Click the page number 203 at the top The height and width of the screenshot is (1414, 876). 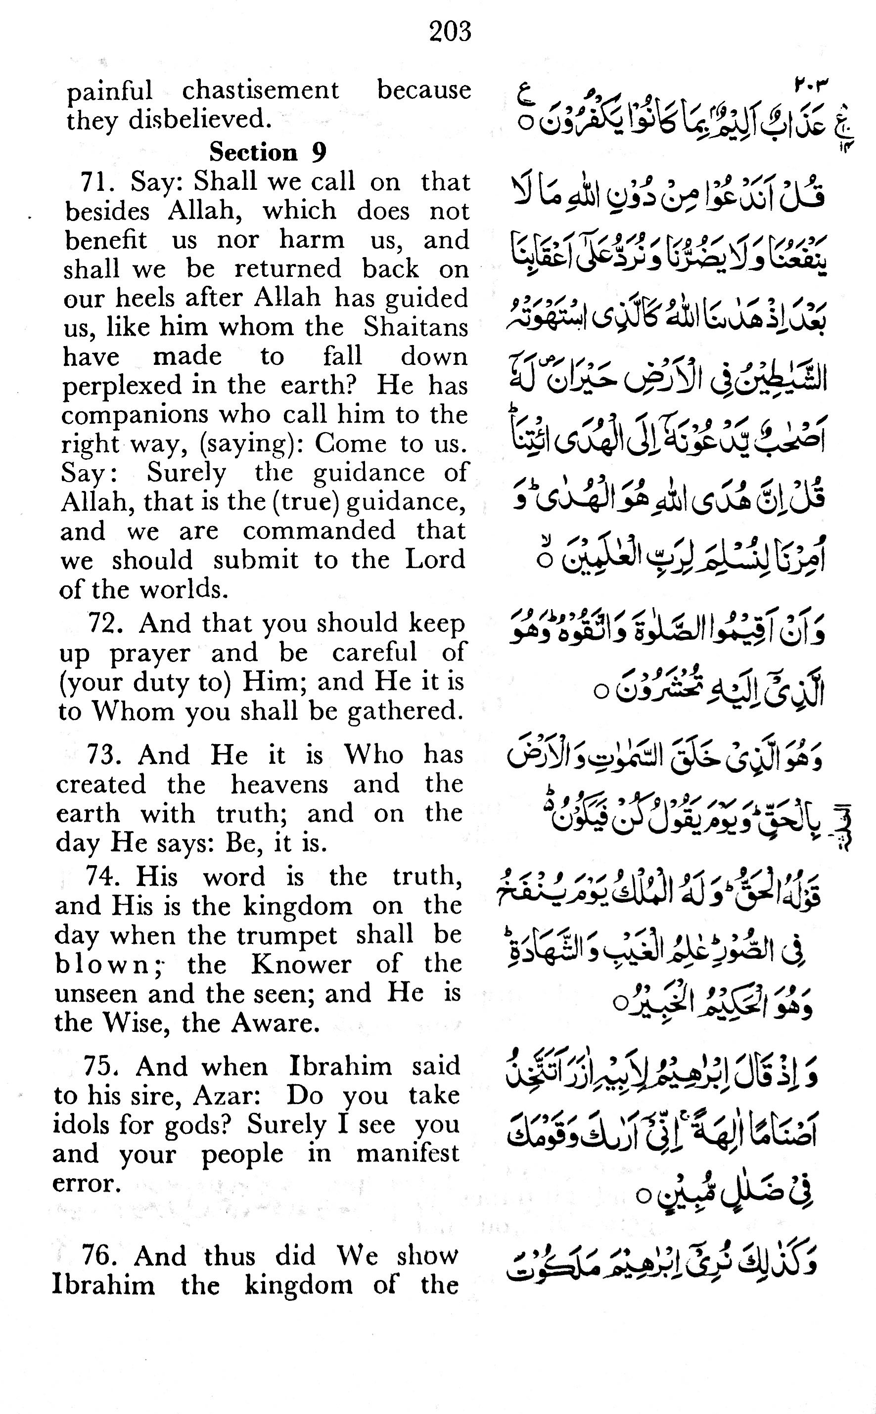(x=450, y=31)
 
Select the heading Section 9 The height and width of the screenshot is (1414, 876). (x=268, y=152)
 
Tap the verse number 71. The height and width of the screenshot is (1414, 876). (x=95, y=182)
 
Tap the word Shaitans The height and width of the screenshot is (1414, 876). (x=415, y=327)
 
